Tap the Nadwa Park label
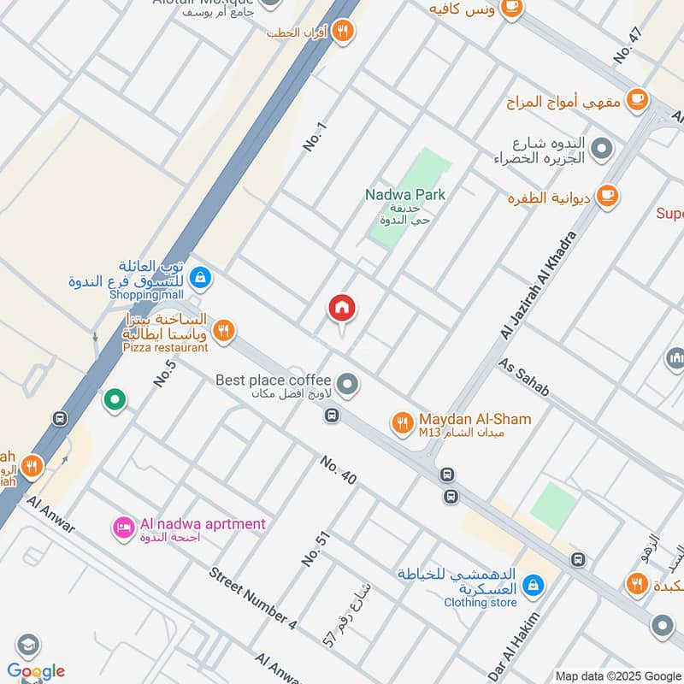(405, 195)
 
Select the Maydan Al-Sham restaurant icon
(402, 422)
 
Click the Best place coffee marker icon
(347, 385)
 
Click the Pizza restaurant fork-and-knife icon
(223, 330)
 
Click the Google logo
(35, 670)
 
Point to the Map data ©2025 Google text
(617, 675)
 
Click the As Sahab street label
(524, 377)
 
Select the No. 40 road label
(339, 469)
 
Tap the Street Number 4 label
(252, 598)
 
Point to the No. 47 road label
(627, 45)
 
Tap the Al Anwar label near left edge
(50, 512)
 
